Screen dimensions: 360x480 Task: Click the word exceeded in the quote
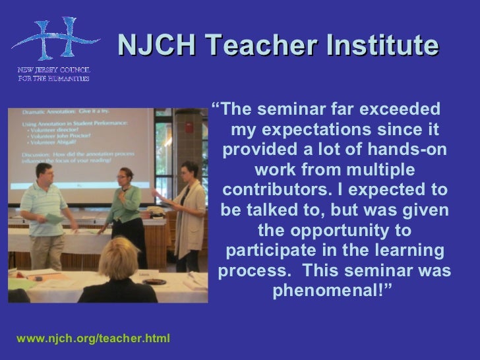click(398, 107)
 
